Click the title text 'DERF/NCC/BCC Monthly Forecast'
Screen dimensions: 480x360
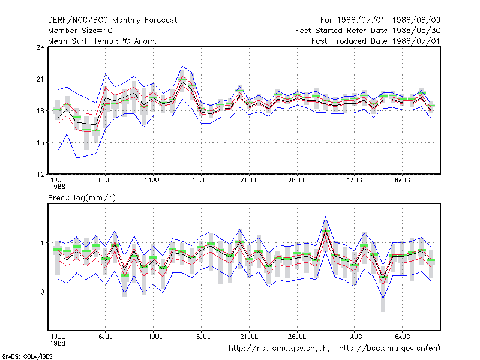click(112, 20)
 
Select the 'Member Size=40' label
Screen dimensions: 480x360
click(80, 31)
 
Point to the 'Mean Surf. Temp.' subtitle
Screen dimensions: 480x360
click(85, 41)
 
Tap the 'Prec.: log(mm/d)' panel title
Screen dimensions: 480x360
click(82, 198)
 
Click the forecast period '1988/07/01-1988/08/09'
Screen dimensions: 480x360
click(389, 20)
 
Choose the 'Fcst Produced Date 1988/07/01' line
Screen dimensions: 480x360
click(376, 41)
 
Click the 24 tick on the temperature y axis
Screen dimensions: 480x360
click(40, 47)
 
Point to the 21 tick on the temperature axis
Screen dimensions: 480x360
click(40, 79)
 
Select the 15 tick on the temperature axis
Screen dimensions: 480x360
click(40, 143)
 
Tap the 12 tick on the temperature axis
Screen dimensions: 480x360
click(40, 175)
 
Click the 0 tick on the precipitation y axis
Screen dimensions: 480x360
click(42, 292)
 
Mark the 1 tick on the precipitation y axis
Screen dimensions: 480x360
click(42, 243)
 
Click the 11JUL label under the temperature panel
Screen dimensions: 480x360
click(153, 180)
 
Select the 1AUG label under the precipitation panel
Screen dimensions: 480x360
click(355, 337)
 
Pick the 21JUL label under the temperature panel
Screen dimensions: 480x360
click(249, 180)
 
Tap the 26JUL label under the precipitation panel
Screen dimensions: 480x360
click(297, 337)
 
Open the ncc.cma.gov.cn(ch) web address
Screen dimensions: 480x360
click(279, 349)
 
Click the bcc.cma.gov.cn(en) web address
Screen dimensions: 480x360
click(389, 349)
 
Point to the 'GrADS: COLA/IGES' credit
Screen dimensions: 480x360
click(27, 356)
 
